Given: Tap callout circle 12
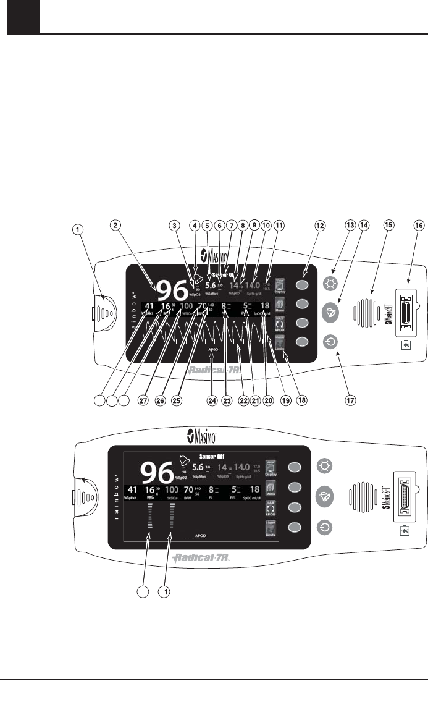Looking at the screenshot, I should pos(319,226).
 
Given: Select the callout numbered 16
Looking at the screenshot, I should pos(417,226).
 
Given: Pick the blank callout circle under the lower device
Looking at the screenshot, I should pos(143,593).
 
